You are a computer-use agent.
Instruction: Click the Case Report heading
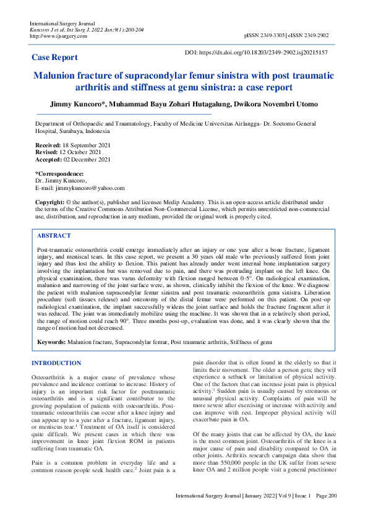click(54, 58)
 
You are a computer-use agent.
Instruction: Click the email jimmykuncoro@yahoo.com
click(89, 187)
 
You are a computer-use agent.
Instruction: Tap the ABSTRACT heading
click(54, 236)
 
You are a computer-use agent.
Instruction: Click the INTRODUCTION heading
click(56, 363)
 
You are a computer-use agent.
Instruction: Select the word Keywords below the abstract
click(51, 342)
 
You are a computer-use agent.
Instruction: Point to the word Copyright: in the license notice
click(49, 202)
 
